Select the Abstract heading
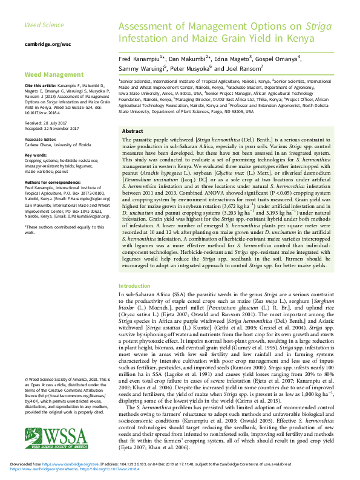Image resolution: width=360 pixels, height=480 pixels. click(x=133, y=131)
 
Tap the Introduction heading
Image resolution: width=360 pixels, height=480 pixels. click(x=134, y=285)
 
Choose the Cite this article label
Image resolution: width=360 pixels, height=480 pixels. click(x=41, y=85)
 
